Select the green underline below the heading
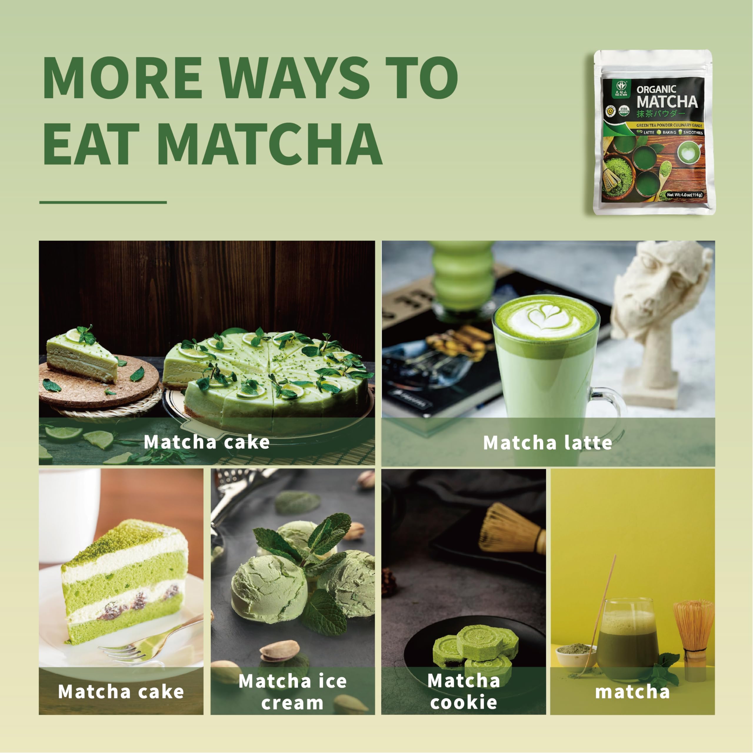click(103, 202)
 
